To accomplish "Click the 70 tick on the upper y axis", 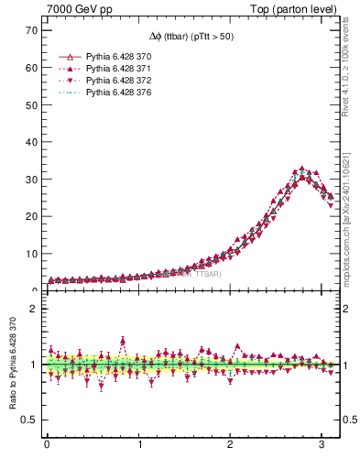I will (30, 30).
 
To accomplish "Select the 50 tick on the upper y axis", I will (30, 104).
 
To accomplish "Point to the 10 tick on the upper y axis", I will (30, 254).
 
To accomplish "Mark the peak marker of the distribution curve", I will (302, 169).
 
